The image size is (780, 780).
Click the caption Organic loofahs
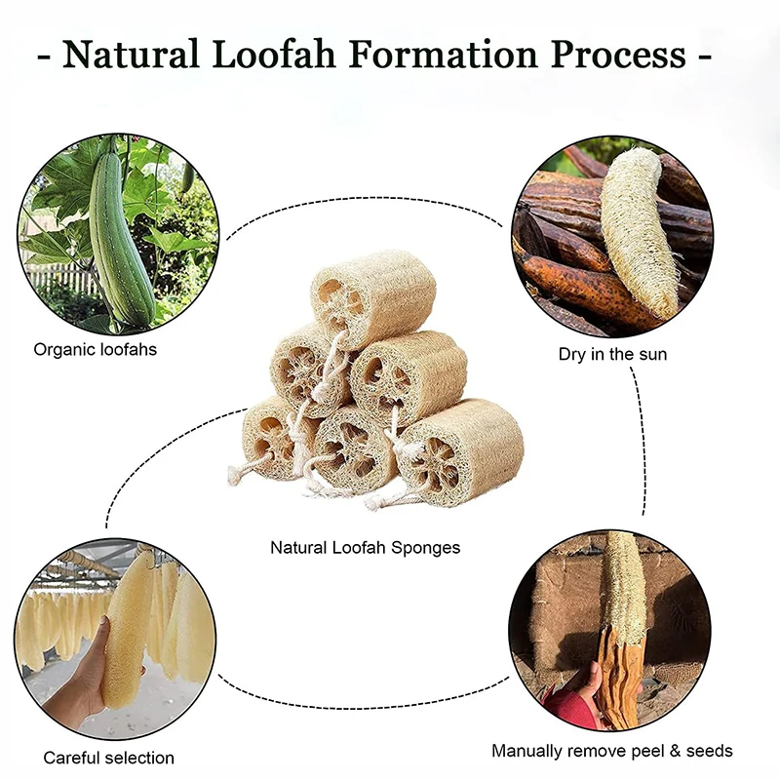pyautogui.click(x=95, y=349)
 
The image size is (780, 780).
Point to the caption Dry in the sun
pyautogui.click(x=612, y=354)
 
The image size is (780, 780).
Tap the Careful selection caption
pyautogui.click(x=108, y=758)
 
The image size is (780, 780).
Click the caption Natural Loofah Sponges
pyautogui.click(x=365, y=548)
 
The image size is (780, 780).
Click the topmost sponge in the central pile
pyautogui.click(x=375, y=292)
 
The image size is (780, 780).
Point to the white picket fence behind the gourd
pyautogui.click(x=58, y=278)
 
